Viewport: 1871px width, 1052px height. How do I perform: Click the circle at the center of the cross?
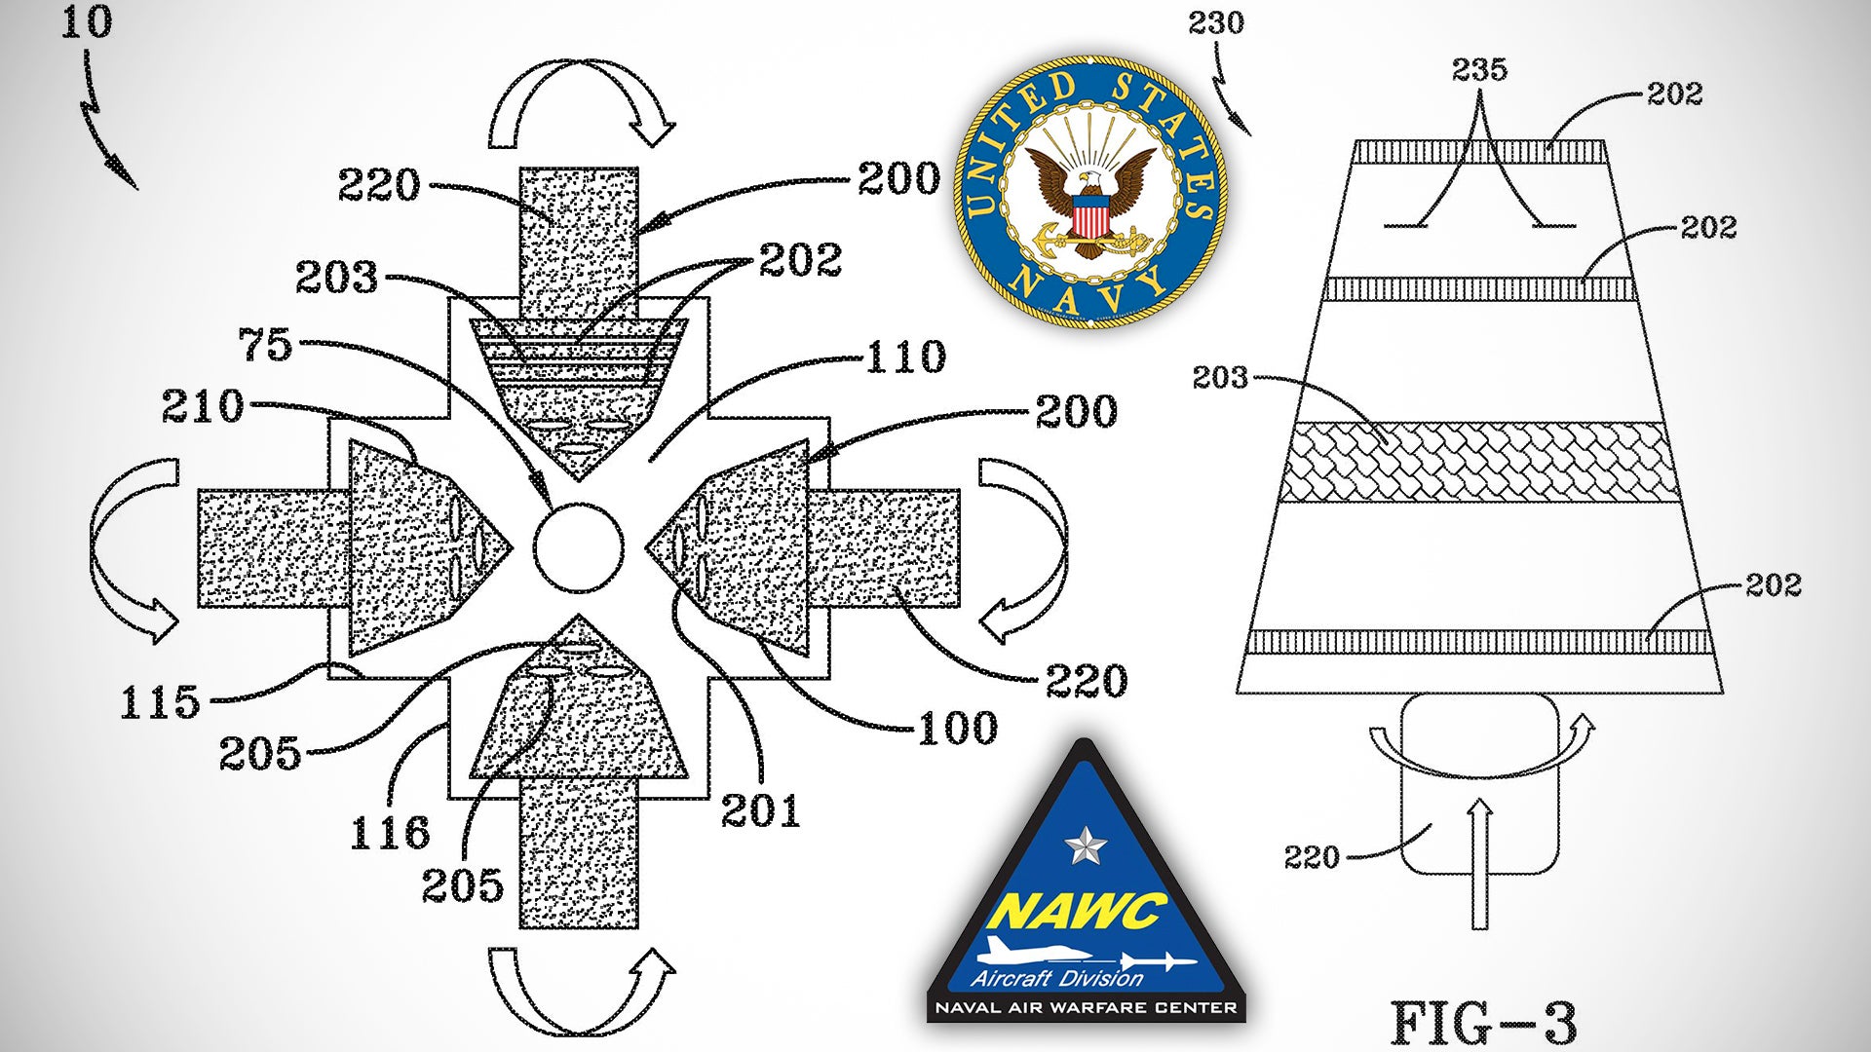coord(578,547)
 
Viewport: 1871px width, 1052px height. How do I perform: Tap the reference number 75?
coord(265,345)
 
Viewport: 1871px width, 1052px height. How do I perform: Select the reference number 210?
coord(203,406)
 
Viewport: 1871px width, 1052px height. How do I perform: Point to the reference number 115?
coord(160,701)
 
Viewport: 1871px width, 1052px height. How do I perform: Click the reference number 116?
coord(390,833)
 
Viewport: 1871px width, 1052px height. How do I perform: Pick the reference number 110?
coord(905,357)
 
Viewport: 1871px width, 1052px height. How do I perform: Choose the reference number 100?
coord(957,728)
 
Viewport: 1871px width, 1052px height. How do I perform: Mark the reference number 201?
coord(760,810)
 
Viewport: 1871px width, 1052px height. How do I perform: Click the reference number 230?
coord(1215,22)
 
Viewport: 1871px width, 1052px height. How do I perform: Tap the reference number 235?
coord(1479,69)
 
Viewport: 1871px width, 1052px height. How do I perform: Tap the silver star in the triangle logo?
coord(1084,845)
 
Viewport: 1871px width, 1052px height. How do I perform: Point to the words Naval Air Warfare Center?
coord(1086,1008)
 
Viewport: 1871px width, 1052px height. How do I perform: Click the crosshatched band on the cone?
coord(1478,463)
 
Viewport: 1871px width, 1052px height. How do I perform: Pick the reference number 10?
coord(87,22)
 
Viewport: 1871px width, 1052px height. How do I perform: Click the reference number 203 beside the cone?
coord(1219,377)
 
